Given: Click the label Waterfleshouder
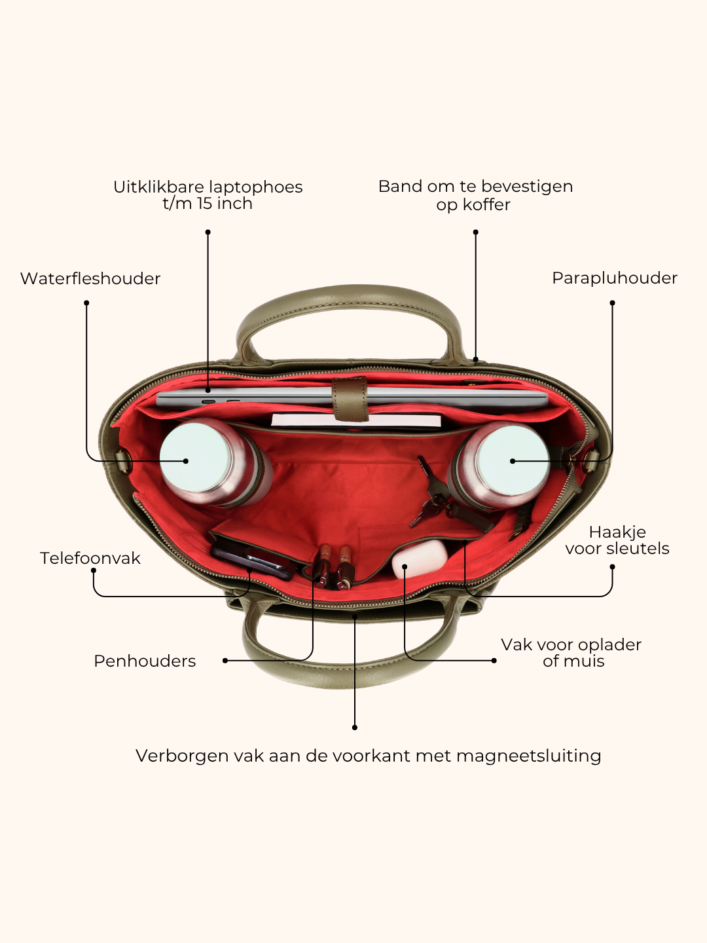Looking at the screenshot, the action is point(90,278).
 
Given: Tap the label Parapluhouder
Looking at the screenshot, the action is point(614,278).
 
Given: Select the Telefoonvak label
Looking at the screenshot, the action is point(90,558).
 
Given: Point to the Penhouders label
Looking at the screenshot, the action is point(145,661).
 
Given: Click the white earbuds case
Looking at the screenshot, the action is point(420,559).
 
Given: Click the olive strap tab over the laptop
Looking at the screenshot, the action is point(351,399).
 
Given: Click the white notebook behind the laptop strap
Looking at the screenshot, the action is point(356,420).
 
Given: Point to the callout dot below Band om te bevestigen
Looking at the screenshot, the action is point(476,232).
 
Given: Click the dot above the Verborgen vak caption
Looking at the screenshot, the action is point(355,728).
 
